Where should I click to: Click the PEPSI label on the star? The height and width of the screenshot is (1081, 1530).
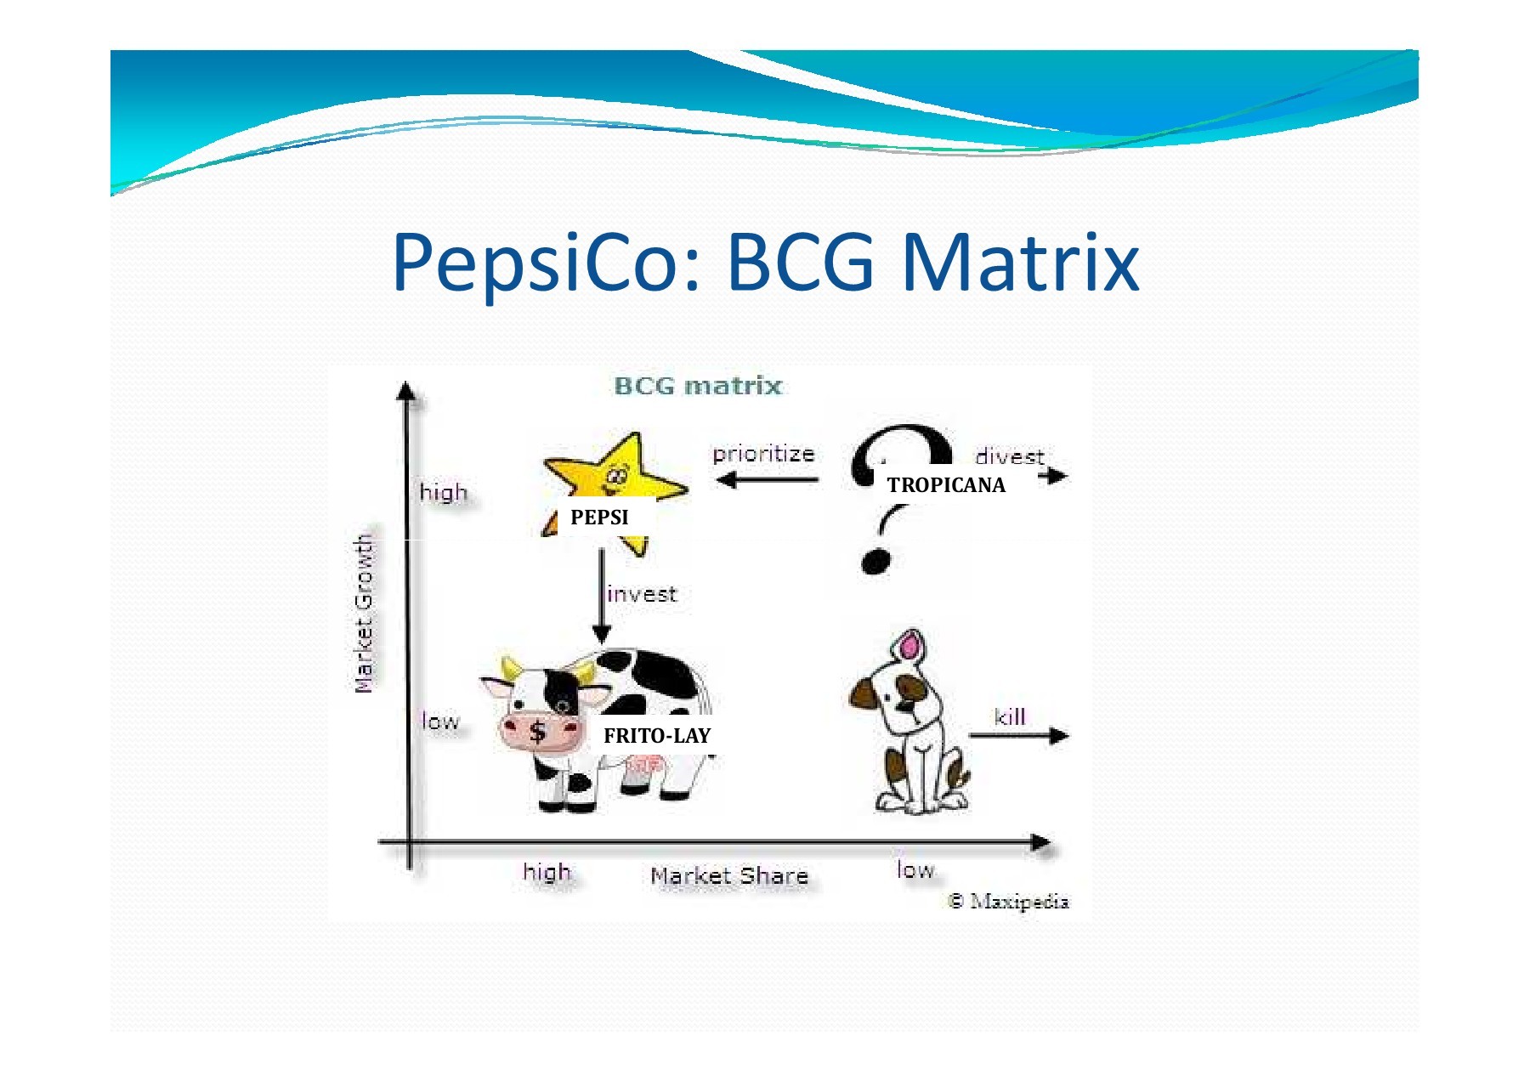(x=599, y=517)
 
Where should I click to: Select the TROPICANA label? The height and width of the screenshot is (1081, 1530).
(x=946, y=485)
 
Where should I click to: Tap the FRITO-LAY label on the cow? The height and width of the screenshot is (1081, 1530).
(x=657, y=736)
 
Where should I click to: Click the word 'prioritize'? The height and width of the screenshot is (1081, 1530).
(x=763, y=455)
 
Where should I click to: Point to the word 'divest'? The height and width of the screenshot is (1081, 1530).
(x=1010, y=456)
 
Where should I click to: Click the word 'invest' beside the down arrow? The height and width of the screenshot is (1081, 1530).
(x=642, y=594)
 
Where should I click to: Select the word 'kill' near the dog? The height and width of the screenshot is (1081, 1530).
(x=1010, y=717)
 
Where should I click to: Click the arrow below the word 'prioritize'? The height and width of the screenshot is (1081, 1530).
(x=767, y=480)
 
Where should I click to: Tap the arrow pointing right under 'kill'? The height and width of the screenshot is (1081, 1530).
(x=1019, y=736)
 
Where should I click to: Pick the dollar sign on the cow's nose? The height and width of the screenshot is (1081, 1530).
(x=537, y=731)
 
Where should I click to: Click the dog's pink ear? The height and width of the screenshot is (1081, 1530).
(x=909, y=646)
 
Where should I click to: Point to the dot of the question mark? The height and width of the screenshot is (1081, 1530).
(x=875, y=562)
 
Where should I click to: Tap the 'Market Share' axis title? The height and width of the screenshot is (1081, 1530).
(x=729, y=875)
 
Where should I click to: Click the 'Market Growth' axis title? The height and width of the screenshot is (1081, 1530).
(x=364, y=613)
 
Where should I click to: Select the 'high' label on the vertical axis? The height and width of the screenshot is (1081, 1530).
(x=444, y=493)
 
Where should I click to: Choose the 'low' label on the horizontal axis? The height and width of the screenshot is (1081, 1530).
(x=915, y=869)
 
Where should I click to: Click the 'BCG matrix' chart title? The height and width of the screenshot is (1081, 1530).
(x=698, y=386)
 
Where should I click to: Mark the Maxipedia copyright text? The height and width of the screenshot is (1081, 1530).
(x=1009, y=901)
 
